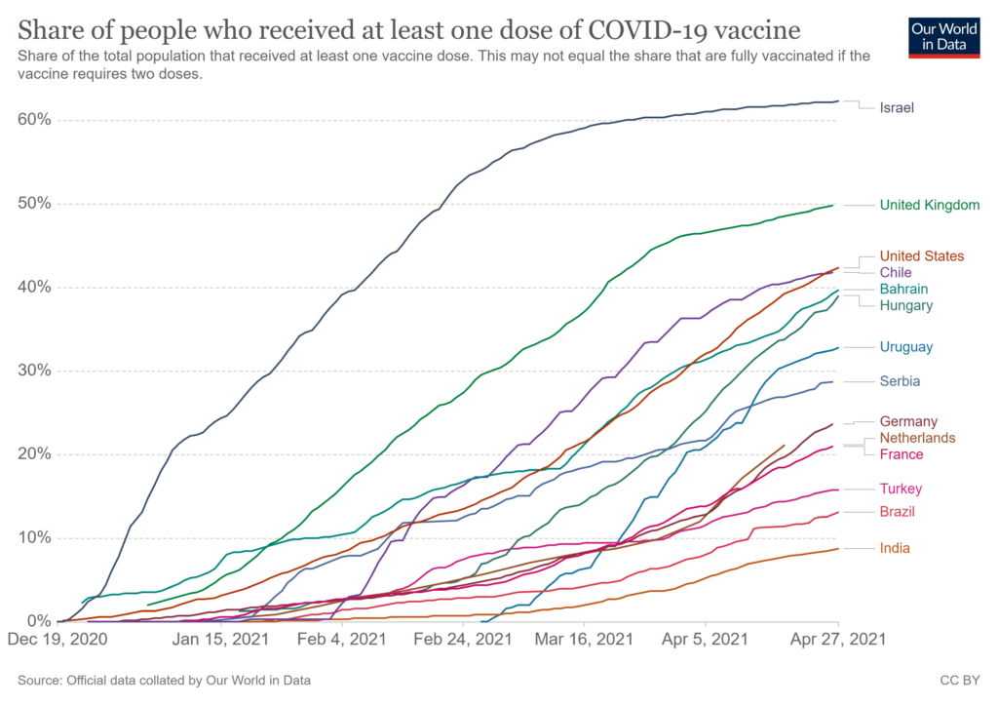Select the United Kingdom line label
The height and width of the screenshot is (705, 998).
(x=929, y=205)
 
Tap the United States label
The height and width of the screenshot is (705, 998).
(x=921, y=256)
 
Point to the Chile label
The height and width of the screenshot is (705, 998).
(x=896, y=273)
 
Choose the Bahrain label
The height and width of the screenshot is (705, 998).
(x=903, y=290)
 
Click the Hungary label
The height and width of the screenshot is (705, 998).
(x=905, y=306)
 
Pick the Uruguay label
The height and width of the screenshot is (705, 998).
(x=906, y=347)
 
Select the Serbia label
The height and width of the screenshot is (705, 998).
(x=900, y=381)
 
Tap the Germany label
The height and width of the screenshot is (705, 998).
(x=908, y=421)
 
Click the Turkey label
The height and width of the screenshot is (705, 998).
(x=901, y=489)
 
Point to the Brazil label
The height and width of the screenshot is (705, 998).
(x=897, y=512)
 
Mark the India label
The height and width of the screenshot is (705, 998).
(x=894, y=548)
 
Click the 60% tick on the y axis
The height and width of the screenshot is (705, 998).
(x=34, y=120)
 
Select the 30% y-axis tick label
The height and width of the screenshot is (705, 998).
(x=34, y=371)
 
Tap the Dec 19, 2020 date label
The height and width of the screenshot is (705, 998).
(x=58, y=641)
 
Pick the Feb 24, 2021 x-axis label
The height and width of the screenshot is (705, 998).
(x=462, y=641)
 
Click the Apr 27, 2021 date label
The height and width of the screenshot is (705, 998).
(x=838, y=641)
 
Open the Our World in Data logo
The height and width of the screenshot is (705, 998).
(x=943, y=36)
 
